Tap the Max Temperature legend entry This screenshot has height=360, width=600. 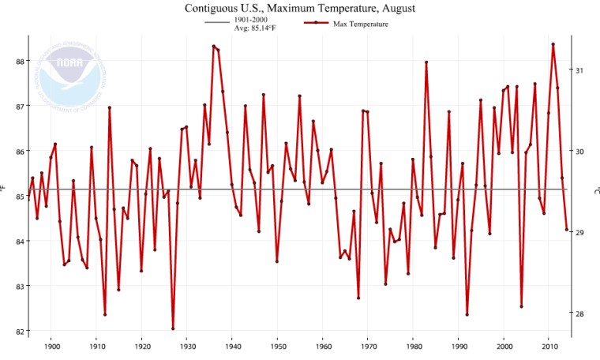click(359, 24)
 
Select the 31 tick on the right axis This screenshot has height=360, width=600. click(580, 70)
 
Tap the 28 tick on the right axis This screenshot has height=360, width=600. click(580, 313)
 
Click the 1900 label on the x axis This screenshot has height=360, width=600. click(52, 346)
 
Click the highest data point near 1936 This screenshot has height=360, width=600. click(214, 46)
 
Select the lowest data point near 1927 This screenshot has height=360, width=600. click(173, 328)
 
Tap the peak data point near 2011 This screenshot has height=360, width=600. click(553, 44)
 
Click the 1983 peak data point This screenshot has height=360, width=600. click(426, 62)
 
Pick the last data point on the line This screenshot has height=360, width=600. click(567, 230)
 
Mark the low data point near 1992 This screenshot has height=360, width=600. click(467, 314)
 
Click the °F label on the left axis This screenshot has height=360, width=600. click(5, 188)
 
